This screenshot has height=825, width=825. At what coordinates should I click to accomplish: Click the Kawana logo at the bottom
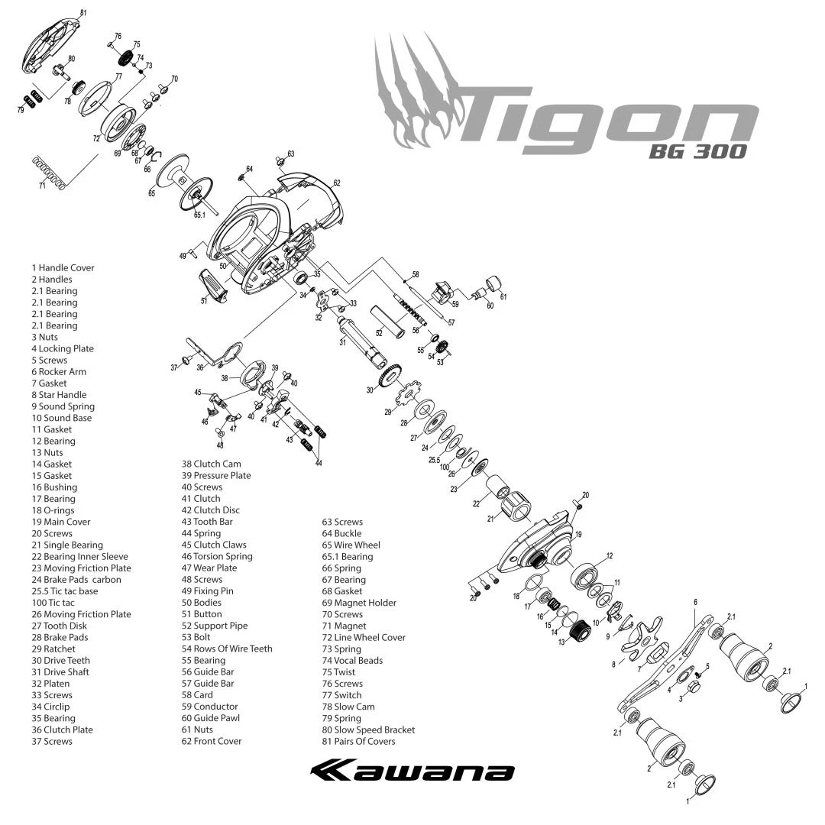pos(412,771)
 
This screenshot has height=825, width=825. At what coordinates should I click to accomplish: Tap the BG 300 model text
pos(697,151)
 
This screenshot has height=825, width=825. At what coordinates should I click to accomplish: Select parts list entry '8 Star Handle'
pos(59,395)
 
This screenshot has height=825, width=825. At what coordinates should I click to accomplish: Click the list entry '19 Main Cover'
pos(60,522)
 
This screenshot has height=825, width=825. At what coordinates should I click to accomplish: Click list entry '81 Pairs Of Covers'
pos(358,741)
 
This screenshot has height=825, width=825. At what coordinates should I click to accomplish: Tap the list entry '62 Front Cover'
pos(212,741)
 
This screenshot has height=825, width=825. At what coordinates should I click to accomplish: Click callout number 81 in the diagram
pos(83,13)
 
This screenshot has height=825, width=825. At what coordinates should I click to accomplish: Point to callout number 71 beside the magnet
pos(43,185)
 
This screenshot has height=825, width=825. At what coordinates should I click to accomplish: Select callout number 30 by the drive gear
pos(369,390)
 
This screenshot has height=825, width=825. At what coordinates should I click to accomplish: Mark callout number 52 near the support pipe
pos(379,333)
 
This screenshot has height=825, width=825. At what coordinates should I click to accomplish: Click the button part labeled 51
pos(213,286)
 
